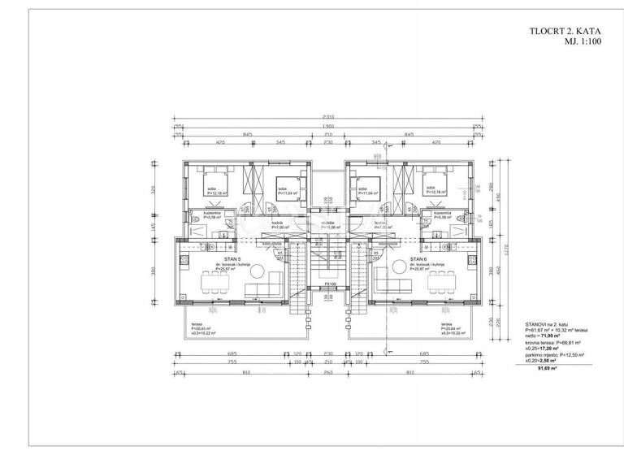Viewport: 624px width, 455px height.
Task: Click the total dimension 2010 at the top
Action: [327, 116]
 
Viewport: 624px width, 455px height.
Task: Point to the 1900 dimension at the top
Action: [327, 127]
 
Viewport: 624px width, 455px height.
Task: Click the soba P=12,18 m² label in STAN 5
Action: [214, 192]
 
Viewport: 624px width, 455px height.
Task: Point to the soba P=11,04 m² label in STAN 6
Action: [369, 192]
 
